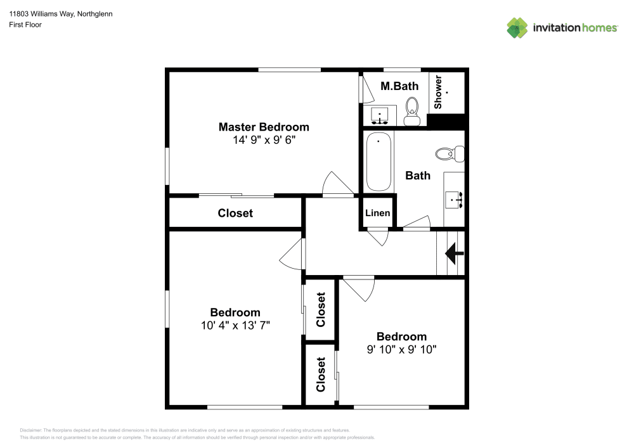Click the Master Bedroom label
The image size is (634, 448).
[264, 127]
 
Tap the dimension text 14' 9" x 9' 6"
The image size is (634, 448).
[264, 140]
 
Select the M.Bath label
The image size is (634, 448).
[399, 86]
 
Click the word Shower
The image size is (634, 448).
[438, 92]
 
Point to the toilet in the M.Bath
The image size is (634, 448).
[412, 110]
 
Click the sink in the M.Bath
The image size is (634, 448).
[380, 117]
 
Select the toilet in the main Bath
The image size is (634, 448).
[450, 153]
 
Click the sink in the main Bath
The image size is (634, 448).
[455, 199]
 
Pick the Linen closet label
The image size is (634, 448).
[378, 213]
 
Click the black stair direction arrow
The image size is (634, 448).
[454, 253]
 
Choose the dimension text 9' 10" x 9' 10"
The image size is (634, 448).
[401, 349]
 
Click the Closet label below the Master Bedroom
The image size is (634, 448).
[235, 214]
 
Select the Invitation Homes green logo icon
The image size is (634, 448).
[517, 28]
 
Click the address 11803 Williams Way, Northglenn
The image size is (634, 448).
[61, 14]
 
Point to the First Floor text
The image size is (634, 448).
[25, 25]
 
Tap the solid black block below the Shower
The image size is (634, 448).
[447, 120]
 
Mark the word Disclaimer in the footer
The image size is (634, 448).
[31, 430]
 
